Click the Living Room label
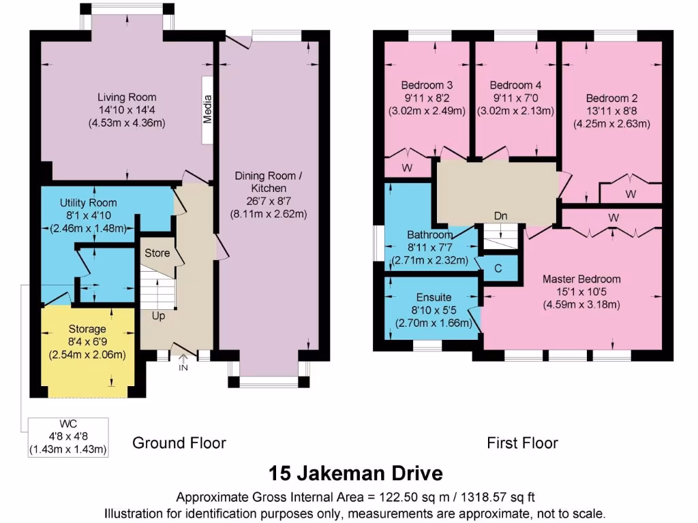click(x=127, y=97)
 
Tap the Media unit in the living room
click(x=207, y=110)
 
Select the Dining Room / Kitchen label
click(x=269, y=182)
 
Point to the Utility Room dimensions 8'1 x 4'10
click(x=88, y=216)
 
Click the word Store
click(x=157, y=253)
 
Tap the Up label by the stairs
click(x=158, y=316)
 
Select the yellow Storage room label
click(x=87, y=329)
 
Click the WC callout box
click(x=68, y=437)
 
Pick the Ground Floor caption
click(x=179, y=443)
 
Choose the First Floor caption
click(x=522, y=443)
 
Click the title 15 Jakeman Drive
click(x=356, y=473)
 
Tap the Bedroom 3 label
click(x=427, y=85)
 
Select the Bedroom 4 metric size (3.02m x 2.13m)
click(x=515, y=111)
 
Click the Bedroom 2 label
click(x=611, y=98)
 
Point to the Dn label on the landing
click(x=501, y=216)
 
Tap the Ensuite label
click(x=434, y=298)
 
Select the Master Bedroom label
click(x=581, y=279)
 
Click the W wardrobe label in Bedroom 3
click(x=407, y=168)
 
